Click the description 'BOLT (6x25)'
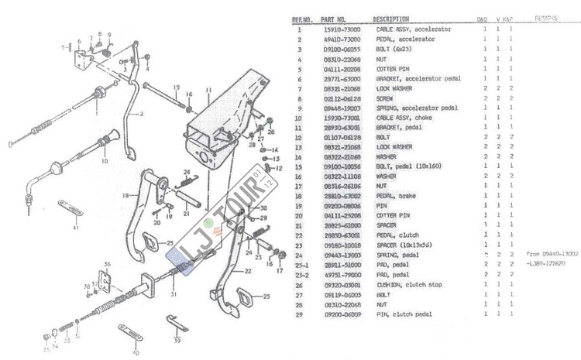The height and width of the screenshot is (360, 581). (385, 49)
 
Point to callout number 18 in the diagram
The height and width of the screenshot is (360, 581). (124, 196)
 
